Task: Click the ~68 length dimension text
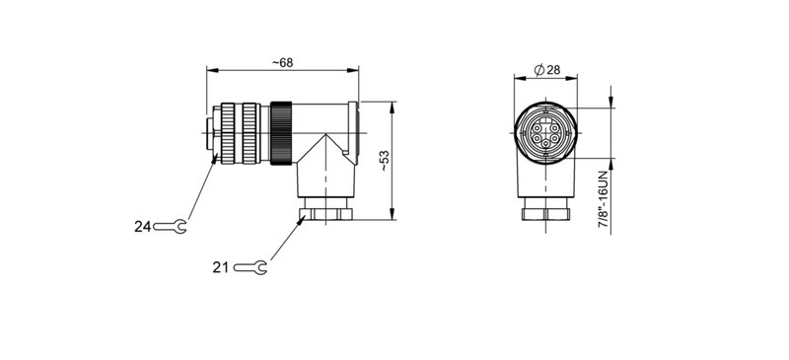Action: [282, 62]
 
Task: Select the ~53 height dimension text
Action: [384, 161]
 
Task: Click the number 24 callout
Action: [143, 227]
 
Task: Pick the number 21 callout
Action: [220, 267]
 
